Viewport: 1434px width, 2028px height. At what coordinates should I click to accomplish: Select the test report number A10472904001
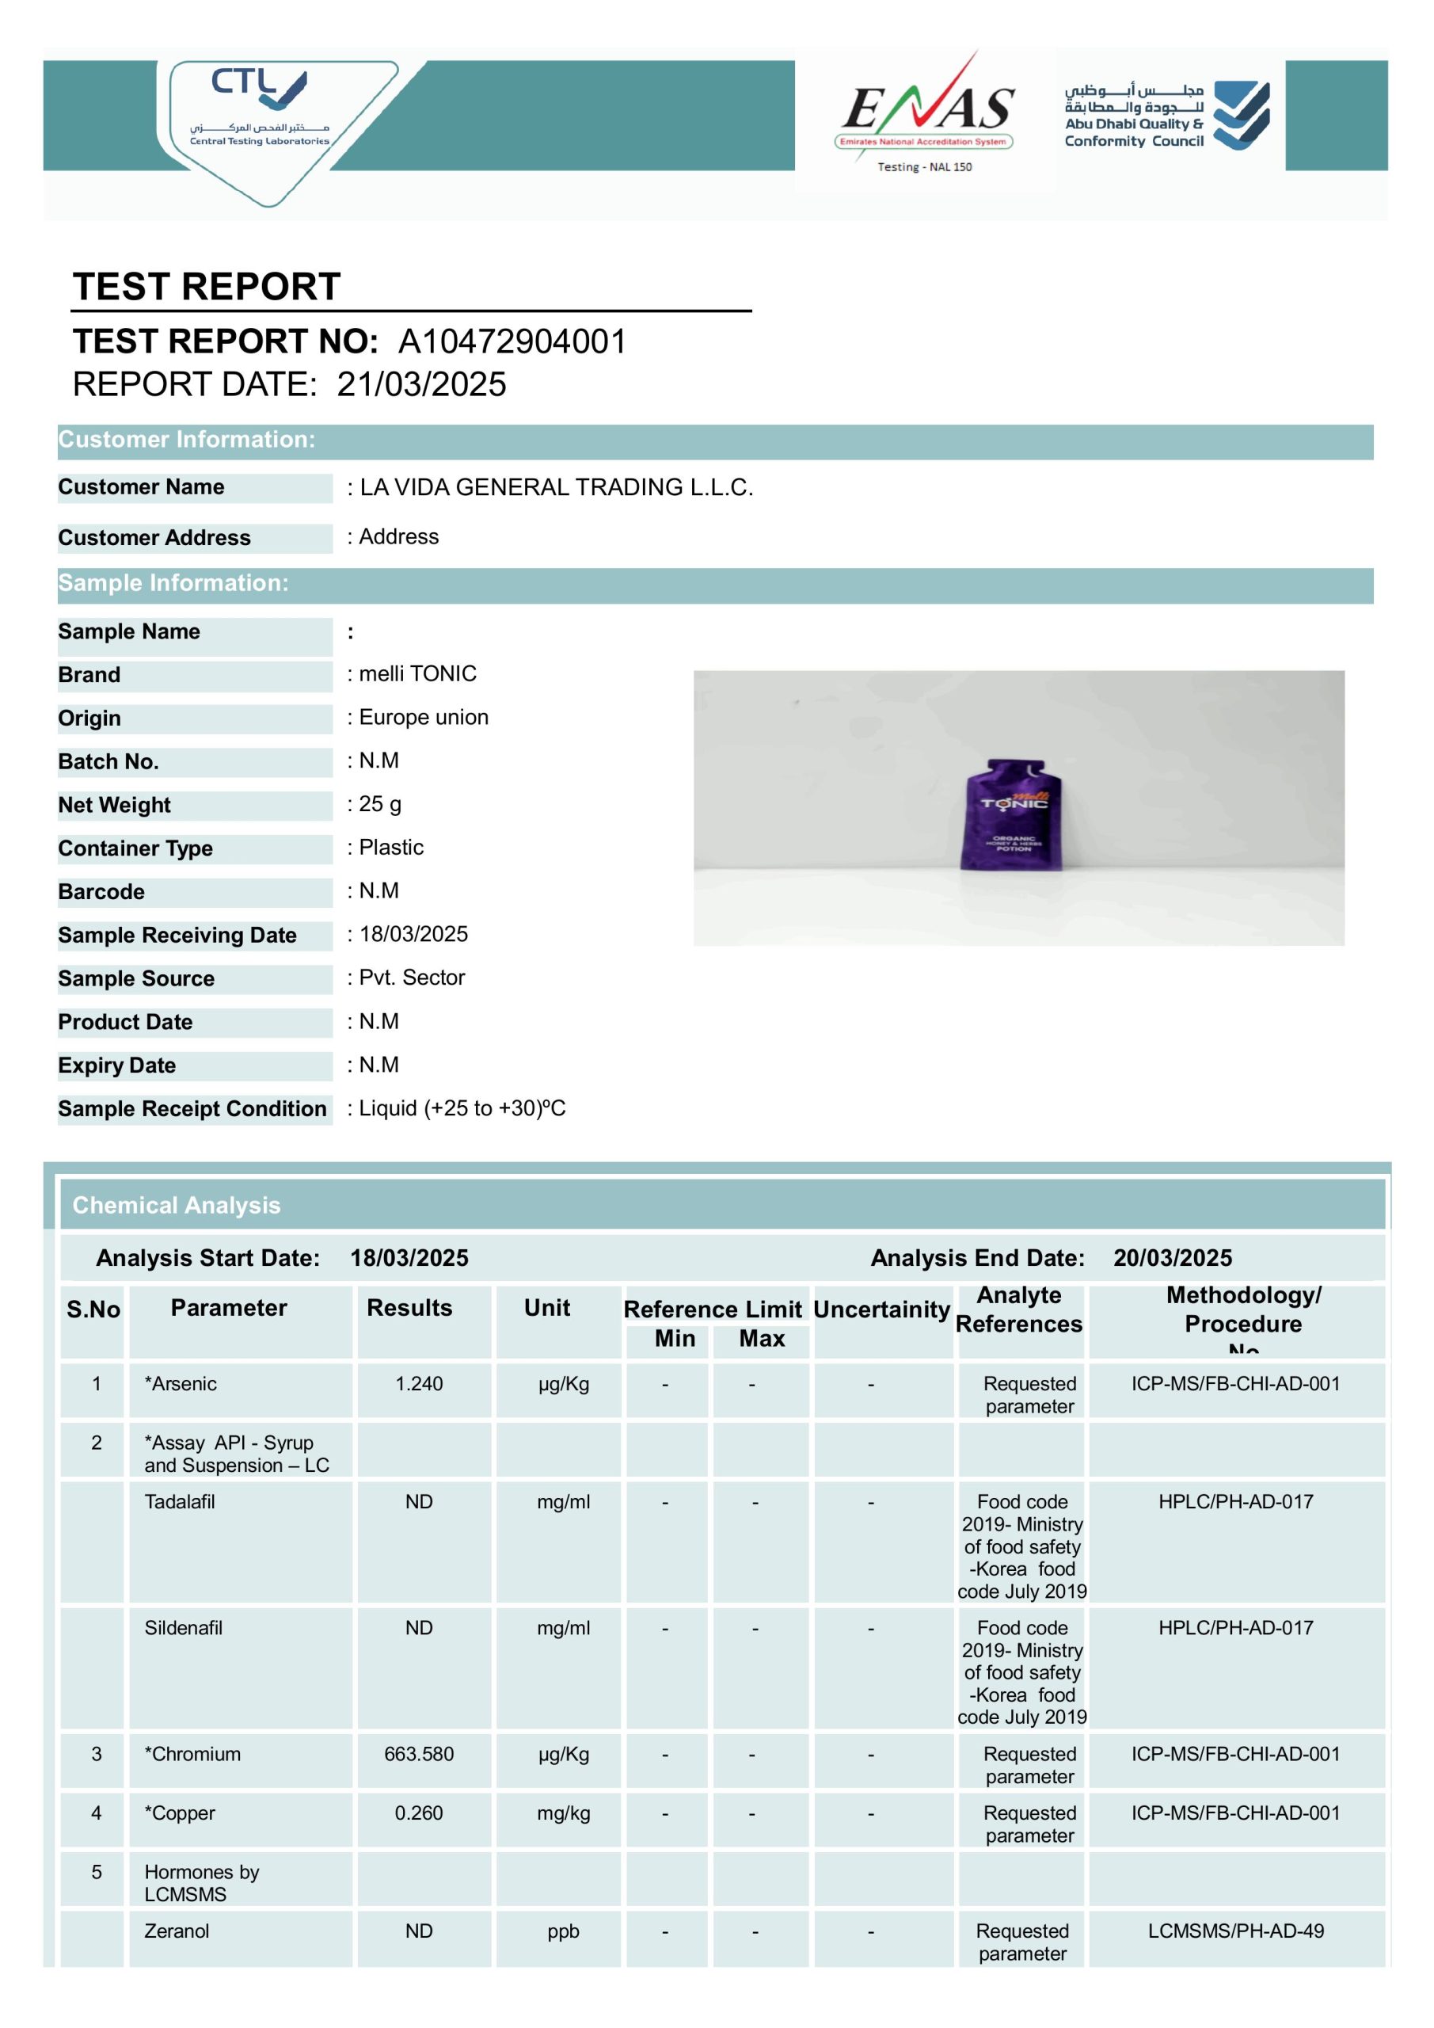click(x=512, y=341)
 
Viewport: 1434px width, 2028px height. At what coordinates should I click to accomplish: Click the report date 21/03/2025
click(x=421, y=385)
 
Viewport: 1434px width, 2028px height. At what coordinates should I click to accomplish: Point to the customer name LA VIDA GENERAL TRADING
click(x=557, y=487)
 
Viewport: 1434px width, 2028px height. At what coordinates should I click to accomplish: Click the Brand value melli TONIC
click(x=417, y=674)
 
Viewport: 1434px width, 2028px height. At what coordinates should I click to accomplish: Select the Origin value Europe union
click(x=423, y=717)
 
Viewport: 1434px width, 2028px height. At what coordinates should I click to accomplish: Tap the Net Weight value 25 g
click(x=380, y=804)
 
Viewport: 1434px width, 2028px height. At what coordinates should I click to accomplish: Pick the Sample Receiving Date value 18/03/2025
click(x=413, y=934)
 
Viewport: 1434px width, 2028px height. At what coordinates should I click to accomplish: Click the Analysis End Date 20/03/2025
click(x=1172, y=1258)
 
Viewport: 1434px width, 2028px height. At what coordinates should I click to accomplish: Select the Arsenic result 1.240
click(x=419, y=1383)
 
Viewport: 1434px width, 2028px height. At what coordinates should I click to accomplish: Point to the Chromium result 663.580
click(x=419, y=1753)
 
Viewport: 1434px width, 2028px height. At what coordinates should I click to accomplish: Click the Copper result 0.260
click(x=419, y=1813)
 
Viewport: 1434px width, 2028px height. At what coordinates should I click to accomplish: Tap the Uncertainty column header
click(x=881, y=1309)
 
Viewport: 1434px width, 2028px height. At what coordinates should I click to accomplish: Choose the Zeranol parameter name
click(x=177, y=1930)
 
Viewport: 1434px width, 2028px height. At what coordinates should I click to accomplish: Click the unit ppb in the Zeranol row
click(x=562, y=1931)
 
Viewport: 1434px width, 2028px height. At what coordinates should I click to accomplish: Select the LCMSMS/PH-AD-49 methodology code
click(x=1235, y=1931)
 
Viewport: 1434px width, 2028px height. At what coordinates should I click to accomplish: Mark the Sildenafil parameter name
click(x=183, y=1627)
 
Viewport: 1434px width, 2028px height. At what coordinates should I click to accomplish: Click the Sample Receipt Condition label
click(x=192, y=1108)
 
